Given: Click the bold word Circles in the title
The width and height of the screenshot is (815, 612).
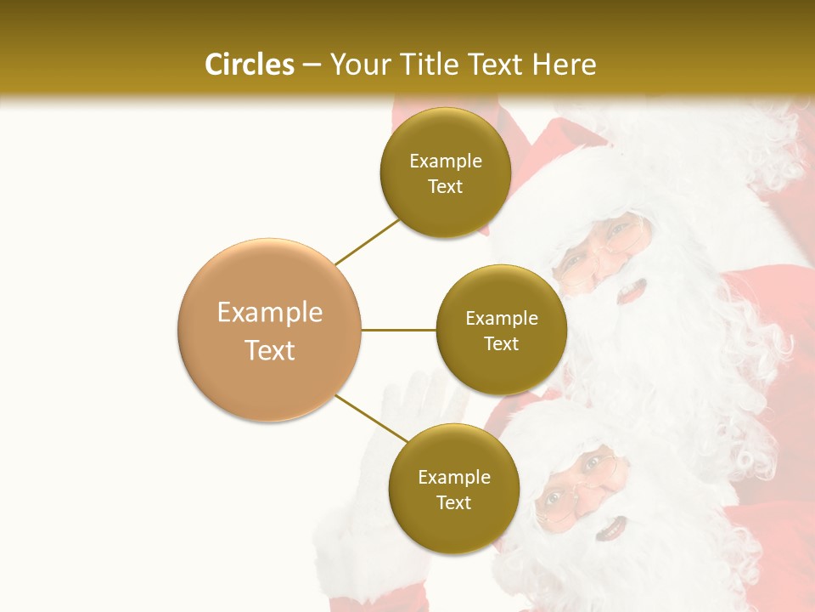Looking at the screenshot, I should pos(250,65).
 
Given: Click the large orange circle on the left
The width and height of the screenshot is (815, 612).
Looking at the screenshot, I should pos(269,330).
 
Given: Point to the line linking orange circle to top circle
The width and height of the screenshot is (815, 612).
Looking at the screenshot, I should pos(367,241).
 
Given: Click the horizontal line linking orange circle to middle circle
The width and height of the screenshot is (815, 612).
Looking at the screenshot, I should pos(398,330).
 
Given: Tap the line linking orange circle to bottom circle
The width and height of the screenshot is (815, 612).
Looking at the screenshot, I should pos(371,417).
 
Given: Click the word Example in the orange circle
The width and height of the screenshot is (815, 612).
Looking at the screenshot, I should pos(269,313).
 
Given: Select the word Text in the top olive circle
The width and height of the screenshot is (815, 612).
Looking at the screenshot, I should pos(445,187).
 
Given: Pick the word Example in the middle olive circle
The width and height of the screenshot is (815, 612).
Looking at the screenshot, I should pos(501,319).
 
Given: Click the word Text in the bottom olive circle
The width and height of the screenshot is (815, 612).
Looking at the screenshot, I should pos(453,503).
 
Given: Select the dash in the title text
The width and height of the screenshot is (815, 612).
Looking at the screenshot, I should pos(311,65).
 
